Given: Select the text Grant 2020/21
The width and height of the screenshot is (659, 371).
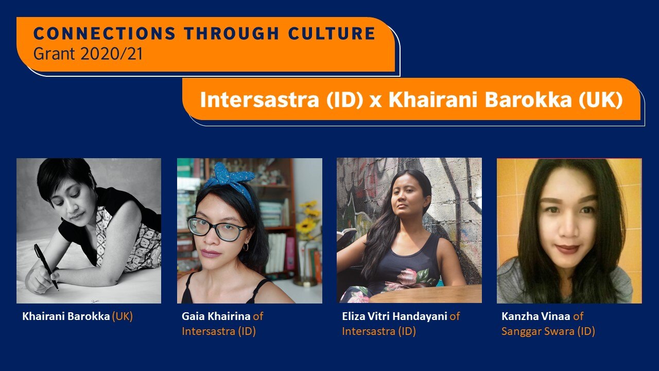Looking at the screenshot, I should [x=88, y=54].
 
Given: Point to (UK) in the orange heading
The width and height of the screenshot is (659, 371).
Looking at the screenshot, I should [x=600, y=100].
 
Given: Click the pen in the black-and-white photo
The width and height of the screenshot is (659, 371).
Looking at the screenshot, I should [x=46, y=266].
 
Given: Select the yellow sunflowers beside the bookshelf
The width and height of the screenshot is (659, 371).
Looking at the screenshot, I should [x=308, y=219].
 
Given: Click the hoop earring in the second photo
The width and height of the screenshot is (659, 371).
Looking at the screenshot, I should [x=246, y=248].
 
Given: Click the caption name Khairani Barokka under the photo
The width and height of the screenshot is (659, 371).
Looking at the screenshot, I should [x=66, y=316].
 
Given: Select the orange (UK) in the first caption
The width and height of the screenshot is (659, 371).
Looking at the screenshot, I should [x=123, y=316].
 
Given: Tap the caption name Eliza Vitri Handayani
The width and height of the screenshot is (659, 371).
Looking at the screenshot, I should [x=394, y=316].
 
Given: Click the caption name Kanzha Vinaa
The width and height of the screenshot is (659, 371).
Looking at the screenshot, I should [x=536, y=316].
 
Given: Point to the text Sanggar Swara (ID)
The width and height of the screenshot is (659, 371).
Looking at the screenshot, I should [x=548, y=331].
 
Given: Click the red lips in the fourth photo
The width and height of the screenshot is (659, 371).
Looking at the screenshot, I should [x=567, y=249].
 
